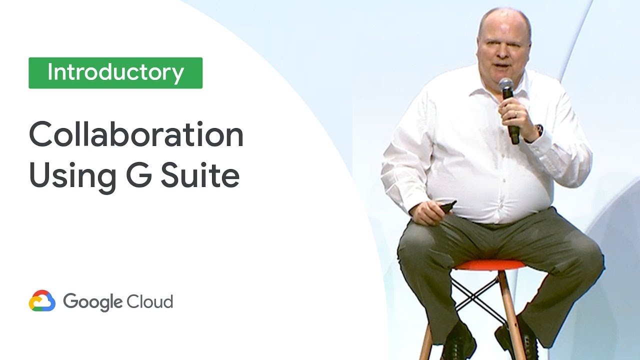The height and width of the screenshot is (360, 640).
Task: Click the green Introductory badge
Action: (x=115, y=73)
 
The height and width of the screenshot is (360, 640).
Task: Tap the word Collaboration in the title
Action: (x=136, y=135)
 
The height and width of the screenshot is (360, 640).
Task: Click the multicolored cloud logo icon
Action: (x=42, y=301)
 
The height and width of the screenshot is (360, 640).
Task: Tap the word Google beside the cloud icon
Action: (x=93, y=302)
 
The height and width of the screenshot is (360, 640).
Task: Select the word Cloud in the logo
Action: (x=149, y=302)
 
